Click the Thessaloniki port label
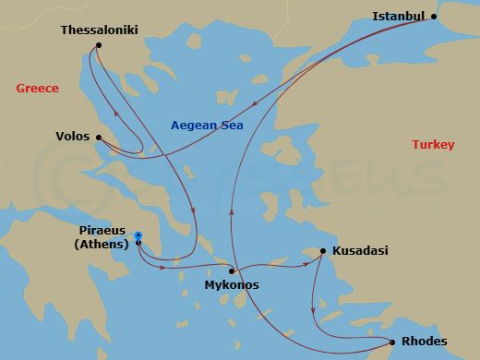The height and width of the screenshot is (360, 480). click(x=99, y=30)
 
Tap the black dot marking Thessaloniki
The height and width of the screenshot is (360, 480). click(x=99, y=45)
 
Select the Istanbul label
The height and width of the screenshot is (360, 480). click(x=398, y=16)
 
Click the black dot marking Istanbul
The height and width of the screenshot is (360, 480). click(x=436, y=17)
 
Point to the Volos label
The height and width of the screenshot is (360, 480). click(x=73, y=138)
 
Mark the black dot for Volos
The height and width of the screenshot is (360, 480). click(x=98, y=138)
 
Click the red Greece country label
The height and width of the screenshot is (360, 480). click(x=37, y=89)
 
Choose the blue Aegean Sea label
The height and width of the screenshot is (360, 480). click(x=212, y=126)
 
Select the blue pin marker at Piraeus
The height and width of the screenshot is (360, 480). click(x=138, y=236)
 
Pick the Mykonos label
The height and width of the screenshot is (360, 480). click(x=231, y=285)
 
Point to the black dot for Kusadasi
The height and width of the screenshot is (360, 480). click(x=322, y=251)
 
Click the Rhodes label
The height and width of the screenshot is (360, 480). click(x=425, y=342)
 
